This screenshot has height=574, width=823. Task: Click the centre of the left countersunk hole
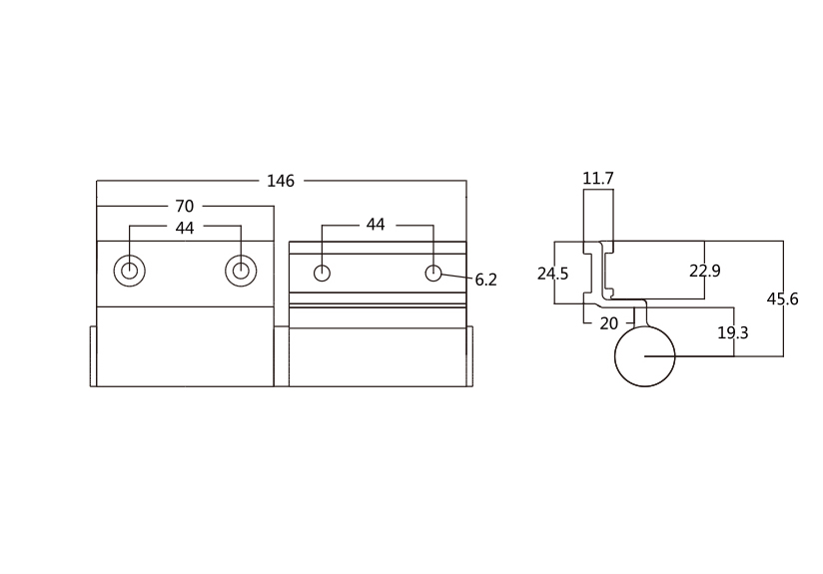click(130, 271)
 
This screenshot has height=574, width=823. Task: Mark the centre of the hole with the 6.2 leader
click(433, 273)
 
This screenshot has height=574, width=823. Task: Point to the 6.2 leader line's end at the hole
click(440, 274)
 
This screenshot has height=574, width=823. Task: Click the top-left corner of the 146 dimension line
click(97, 181)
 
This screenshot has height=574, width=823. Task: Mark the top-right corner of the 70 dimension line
click(274, 207)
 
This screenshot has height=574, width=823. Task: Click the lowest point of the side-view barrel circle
click(644, 386)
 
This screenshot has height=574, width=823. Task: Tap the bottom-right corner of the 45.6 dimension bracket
click(784, 356)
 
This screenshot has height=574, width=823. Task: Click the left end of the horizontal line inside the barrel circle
click(644, 356)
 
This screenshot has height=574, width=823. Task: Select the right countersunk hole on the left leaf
click(241, 271)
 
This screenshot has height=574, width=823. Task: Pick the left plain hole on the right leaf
click(322, 273)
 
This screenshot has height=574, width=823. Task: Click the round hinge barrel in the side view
click(644, 356)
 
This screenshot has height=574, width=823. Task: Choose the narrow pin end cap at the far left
click(94, 356)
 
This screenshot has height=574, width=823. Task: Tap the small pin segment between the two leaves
click(282, 356)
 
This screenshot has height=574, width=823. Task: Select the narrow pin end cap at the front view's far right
click(469, 356)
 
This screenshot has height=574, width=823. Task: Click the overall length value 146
click(281, 181)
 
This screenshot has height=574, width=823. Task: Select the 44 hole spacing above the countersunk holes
click(185, 228)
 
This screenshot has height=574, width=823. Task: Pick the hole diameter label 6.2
click(486, 281)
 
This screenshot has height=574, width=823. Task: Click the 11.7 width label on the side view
click(598, 179)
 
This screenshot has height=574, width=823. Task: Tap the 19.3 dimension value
click(733, 332)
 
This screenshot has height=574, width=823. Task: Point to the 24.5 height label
click(552, 274)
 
